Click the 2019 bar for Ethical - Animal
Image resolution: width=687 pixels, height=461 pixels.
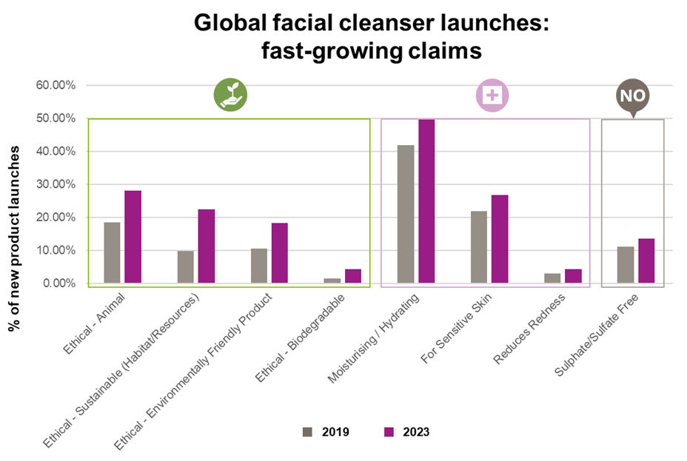(112, 252)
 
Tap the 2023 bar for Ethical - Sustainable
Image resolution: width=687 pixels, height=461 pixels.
(207, 246)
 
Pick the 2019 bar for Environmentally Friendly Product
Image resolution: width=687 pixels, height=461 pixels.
(259, 266)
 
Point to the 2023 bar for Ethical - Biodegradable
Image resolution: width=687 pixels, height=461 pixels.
(352, 276)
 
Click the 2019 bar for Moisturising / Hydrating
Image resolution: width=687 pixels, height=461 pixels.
(406, 214)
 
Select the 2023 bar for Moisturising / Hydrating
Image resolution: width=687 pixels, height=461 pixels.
(426, 201)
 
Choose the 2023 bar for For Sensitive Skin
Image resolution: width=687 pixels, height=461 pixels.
(500, 239)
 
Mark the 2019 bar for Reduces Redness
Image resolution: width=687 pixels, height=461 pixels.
(552, 278)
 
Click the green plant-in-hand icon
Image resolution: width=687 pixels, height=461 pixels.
(230, 95)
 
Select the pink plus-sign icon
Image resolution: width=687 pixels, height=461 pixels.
(491, 95)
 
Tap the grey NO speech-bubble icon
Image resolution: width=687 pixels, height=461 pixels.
(632, 96)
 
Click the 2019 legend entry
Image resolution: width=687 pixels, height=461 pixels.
(326, 432)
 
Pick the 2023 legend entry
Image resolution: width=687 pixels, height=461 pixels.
(406, 432)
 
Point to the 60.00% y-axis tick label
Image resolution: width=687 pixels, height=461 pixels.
(56, 85)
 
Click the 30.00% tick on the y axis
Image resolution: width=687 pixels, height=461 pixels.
(56, 184)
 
